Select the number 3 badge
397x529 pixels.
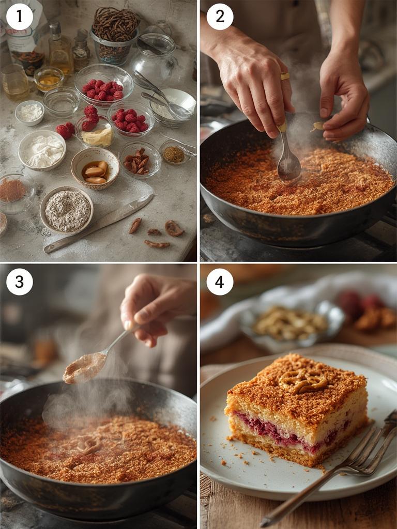tap(20, 282)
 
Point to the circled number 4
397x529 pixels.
tap(220, 282)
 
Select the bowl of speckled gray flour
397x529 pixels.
tap(67, 210)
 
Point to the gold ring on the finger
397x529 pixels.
tap(285, 76)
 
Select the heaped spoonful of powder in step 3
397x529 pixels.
tap(84, 367)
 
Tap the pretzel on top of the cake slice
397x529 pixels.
tap(303, 381)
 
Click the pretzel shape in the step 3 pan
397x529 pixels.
tap(89, 443)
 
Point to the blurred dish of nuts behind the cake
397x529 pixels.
tap(289, 323)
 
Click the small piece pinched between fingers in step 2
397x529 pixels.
tap(317, 126)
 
